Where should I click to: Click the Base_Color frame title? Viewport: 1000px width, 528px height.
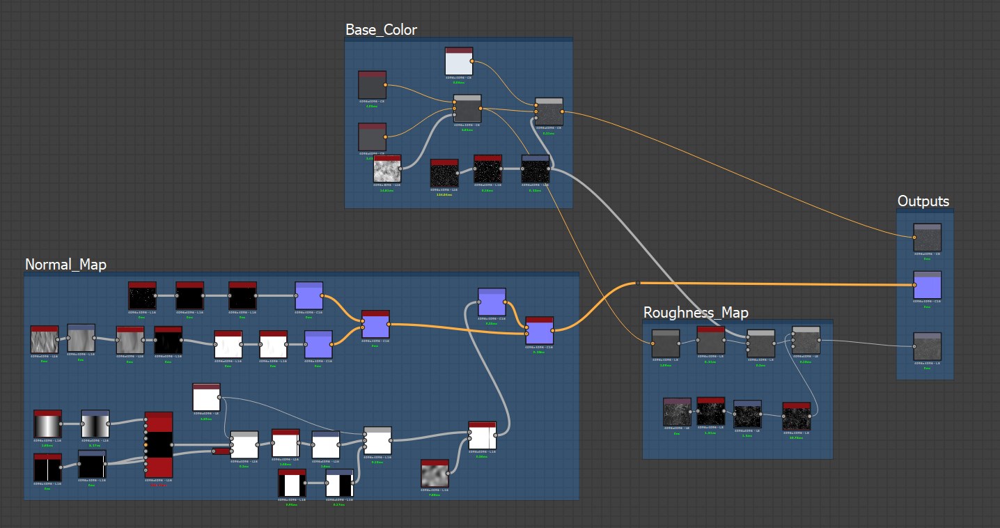(381, 29)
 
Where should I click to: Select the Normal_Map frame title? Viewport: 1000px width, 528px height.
(65, 264)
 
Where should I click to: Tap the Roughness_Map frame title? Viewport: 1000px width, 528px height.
(696, 311)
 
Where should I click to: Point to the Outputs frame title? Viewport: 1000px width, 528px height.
(923, 201)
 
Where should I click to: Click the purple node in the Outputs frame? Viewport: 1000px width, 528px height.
(927, 286)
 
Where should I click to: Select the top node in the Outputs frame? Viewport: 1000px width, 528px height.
(927, 238)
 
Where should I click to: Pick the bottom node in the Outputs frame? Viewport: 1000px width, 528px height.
(927, 346)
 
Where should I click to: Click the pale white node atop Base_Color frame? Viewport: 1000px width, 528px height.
(459, 61)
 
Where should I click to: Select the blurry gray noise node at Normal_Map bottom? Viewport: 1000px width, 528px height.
(435, 474)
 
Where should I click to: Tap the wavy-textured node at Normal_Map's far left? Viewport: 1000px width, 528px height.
(45, 340)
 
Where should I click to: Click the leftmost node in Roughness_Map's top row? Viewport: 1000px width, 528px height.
(665, 343)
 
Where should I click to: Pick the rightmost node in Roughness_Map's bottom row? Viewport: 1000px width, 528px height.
(796, 416)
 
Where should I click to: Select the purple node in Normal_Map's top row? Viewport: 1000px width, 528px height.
(308, 295)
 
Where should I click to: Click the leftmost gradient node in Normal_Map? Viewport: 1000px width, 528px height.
(47, 424)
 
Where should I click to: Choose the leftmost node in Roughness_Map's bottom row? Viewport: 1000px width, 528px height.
(677, 412)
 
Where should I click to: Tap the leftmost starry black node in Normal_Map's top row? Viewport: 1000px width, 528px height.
(142, 295)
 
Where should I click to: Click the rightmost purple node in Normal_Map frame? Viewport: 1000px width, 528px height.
(540, 331)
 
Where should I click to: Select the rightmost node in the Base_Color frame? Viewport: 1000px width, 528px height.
(549, 112)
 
